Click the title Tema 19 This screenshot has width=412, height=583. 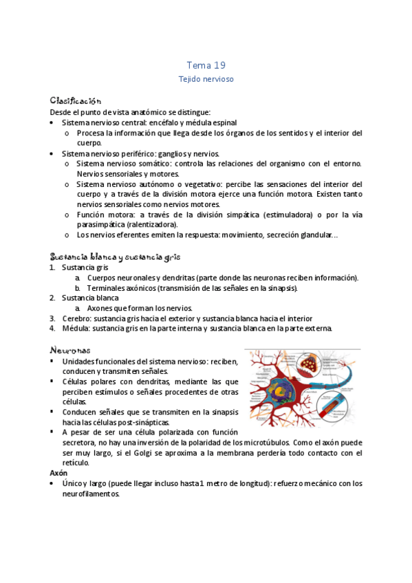tap(206, 65)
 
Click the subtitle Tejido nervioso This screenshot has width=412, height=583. tap(206, 79)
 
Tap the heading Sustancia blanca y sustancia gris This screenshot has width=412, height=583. tap(115, 257)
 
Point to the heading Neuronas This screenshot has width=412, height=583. tap(70, 350)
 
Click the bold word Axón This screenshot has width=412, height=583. tap(58, 474)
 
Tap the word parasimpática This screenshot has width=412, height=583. tap(100, 224)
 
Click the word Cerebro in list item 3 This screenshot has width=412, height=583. tap(76, 318)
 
